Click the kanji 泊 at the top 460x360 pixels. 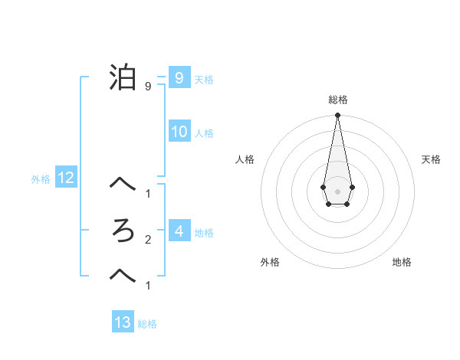coord(123,78)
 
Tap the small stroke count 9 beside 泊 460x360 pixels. coord(147,87)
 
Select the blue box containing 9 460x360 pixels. coord(179,77)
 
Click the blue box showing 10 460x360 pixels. coord(179,132)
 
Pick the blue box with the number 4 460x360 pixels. coord(179,231)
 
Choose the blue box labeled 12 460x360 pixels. coord(66,178)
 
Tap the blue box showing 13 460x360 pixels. coord(123,322)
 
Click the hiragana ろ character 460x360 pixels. coord(123,231)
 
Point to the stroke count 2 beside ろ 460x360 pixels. coord(147,240)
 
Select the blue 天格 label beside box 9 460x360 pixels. coord(204,79)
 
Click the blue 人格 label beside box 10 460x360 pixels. coord(204,133)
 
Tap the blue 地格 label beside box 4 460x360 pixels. coord(204,232)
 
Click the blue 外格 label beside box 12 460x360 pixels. coord(41,180)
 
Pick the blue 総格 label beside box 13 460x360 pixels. coord(147,324)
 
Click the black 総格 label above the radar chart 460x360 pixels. coord(337,100)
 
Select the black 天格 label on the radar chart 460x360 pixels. coord(431,159)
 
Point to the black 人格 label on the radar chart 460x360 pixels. coord(245,159)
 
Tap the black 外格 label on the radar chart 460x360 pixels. coord(270,262)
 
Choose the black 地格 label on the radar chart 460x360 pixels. coord(402,262)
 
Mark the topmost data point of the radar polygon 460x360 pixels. coord(337,116)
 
